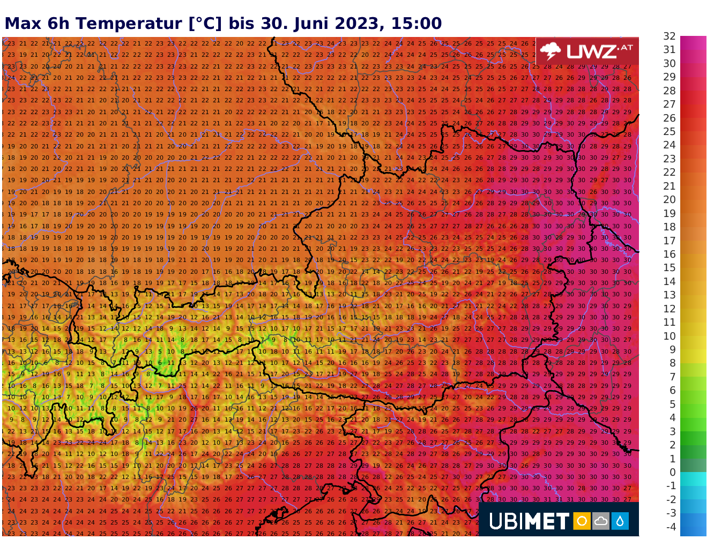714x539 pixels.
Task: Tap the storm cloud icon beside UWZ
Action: pos(551,51)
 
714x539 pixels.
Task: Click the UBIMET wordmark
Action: pos(529,521)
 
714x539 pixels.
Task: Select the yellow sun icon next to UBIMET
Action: pos(581,521)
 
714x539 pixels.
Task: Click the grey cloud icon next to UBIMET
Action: pos(600,521)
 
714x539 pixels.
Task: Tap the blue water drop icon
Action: pos(620,521)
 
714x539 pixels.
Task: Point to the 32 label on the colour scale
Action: pos(670,36)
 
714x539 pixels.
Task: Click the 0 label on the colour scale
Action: pos(673,472)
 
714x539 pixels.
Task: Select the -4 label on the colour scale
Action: pos(671,527)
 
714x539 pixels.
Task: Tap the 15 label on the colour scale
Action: pos(670,268)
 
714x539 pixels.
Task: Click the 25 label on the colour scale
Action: pos(670,132)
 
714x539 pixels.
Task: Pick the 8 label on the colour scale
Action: pos(673,363)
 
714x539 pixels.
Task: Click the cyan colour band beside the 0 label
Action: pos(693,478)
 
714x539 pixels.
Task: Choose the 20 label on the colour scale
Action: pos(670,200)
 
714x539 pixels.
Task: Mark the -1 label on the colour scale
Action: pos(671,486)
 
